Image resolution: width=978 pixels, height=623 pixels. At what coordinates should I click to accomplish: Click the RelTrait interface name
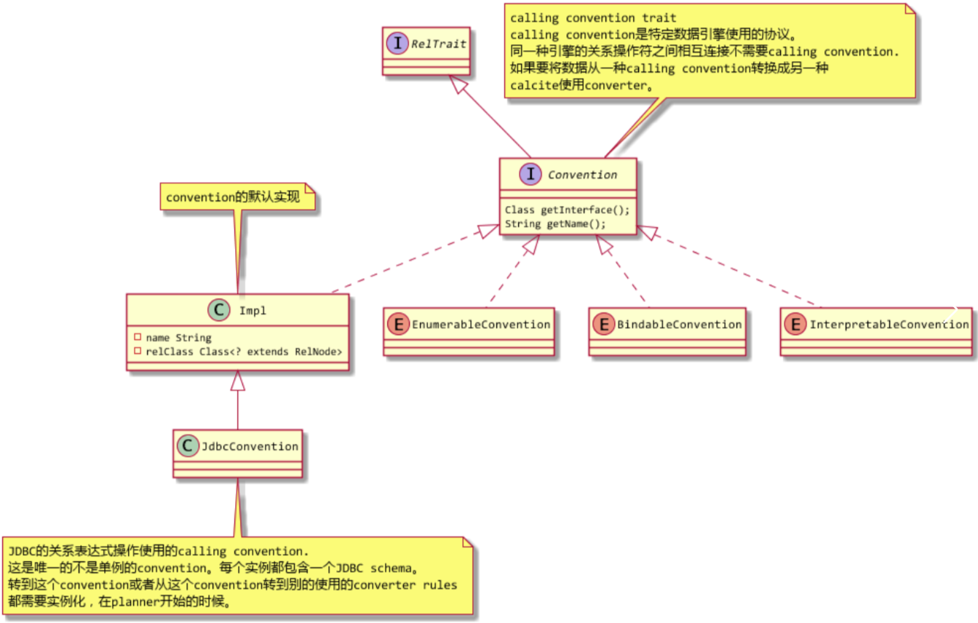click(439, 44)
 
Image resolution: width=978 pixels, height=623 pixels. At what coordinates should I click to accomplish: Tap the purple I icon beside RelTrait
click(397, 44)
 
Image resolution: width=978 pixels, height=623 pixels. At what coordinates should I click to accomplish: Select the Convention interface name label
click(582, 175)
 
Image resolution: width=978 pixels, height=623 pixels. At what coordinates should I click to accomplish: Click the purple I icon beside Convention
click(531, 175)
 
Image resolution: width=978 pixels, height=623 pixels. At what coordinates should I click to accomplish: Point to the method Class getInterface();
click(567, 210)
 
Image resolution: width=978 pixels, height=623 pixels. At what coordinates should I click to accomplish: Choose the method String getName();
click(555, 223)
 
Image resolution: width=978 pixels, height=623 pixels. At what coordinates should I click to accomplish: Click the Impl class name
click(253, 311)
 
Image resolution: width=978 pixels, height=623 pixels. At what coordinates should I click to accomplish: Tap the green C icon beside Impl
click(219, 310)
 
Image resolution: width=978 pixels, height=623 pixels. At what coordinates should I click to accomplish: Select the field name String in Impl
click(178, 338)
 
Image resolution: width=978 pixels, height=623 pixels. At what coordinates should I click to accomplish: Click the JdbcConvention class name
click(250, 446)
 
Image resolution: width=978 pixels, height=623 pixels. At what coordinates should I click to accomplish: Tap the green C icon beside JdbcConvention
click(188, 445)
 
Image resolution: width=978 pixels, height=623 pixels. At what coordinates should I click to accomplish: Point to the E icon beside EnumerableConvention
click(397, 325)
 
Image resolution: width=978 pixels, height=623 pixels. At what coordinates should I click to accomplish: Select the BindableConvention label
click(680, 325)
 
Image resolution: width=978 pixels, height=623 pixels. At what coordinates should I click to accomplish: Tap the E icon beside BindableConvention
click(603, 325)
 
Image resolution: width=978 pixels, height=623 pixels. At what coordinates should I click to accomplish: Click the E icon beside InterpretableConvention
click(795, 325)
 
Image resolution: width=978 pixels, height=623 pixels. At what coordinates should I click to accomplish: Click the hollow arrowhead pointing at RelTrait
click(460, 84)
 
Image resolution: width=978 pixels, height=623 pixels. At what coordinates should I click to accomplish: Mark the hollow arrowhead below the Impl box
click(238, 380)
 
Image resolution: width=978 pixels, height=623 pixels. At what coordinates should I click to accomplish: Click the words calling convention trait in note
click(593, 17)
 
